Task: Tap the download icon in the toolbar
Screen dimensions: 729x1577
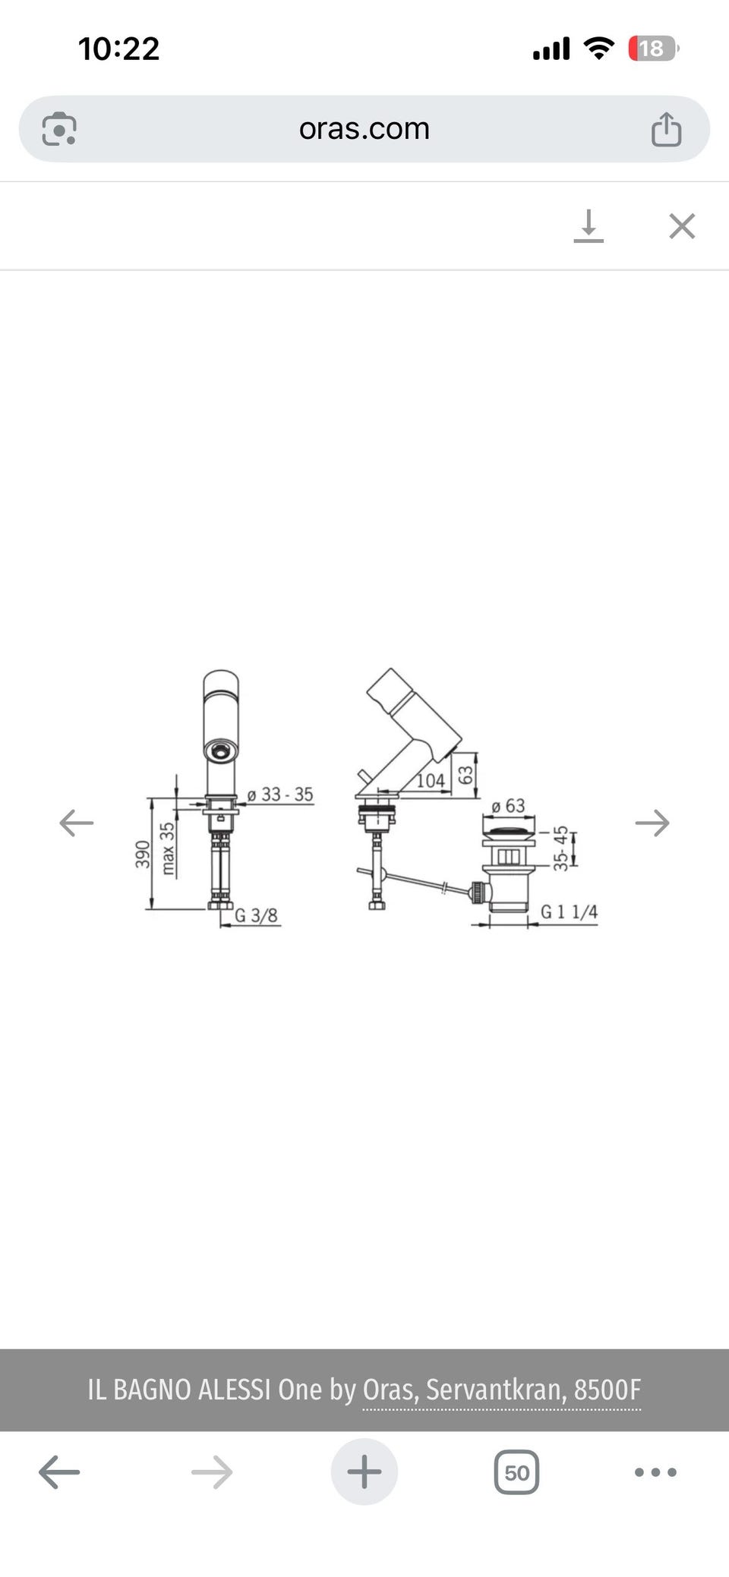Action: (x=589, y=226)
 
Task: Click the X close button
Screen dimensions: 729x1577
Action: (x=682, y=226)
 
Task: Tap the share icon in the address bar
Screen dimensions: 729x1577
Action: (x=666, y=129)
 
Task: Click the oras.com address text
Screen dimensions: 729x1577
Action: (x=364, y=128)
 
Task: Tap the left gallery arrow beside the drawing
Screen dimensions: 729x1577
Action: (x=77, y=823)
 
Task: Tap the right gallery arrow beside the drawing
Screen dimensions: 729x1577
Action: (x=652, y=823)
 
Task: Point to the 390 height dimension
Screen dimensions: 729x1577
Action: (x=143, y=855)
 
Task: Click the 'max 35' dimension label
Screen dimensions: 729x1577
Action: (x=167, y=848)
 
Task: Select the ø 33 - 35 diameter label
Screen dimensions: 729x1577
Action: (x=280, y=795)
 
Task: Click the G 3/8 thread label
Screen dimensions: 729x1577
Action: (x=256, y=915)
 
